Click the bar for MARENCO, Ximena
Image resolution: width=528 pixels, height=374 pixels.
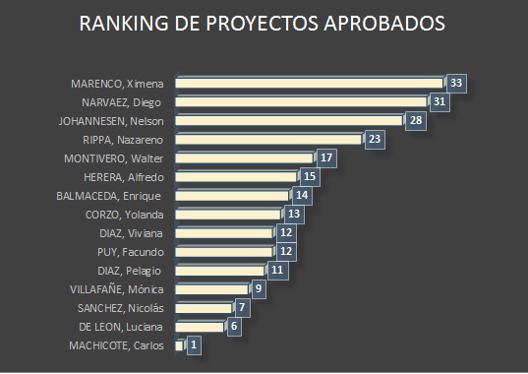tap(309, 84)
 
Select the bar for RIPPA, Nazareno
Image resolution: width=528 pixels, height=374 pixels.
tap(268, 140)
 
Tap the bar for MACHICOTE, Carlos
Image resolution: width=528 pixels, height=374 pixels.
tap(179, 345)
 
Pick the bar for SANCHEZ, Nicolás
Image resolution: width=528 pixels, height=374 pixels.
tap(204, 308)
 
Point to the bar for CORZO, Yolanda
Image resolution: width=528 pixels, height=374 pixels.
tap(228, 215)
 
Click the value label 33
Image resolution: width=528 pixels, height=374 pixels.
tap(456, 83)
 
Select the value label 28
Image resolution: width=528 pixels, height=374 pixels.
tap(416, 120)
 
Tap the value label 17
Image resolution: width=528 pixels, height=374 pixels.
tap(326, 157)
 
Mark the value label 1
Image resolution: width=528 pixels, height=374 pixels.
tap(194, 345)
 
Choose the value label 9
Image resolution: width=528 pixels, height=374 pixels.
tap(259, 288)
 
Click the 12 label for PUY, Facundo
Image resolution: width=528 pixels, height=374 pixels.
tap(286, 251)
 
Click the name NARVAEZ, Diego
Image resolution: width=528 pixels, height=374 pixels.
tap(121, 102)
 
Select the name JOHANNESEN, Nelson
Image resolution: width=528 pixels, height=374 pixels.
tap(111, 121)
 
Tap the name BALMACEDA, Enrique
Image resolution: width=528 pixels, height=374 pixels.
tap(108, 196)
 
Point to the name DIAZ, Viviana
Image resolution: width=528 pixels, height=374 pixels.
tap(131, 233)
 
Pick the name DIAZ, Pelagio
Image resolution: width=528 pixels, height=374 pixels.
tap(130, 271)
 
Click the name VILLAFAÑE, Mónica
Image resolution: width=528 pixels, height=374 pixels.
tap(117, 289)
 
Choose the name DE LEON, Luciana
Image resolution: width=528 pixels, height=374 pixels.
tap(121, 327)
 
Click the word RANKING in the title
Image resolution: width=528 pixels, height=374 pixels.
tap(124, 24)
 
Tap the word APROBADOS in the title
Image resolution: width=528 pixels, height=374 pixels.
tap(384, 24)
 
